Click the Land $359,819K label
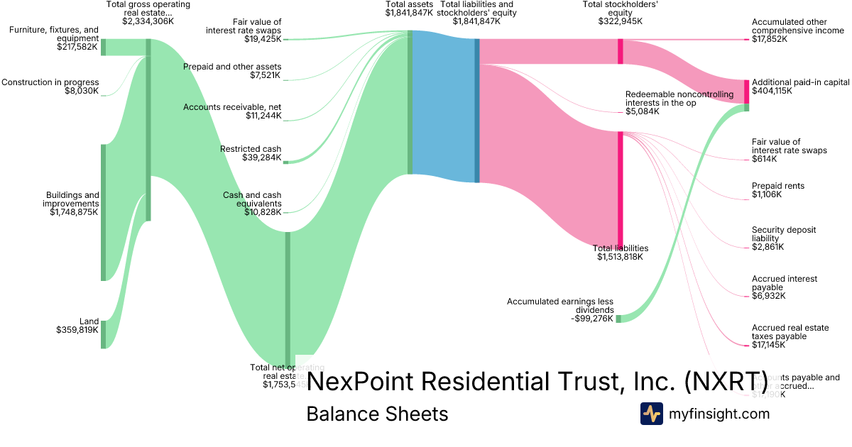tap(77, 326)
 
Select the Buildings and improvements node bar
tap(103, 212)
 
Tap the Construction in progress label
tap(50, 82)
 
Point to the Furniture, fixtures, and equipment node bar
tap(103, 47)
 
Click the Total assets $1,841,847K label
tap(409, 9)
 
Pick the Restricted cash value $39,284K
tap(261, 158)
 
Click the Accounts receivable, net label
tap(232, 107)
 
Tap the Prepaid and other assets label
tap(232, 67)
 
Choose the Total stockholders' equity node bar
tap(620, 51)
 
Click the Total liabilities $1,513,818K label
tap(620, 253)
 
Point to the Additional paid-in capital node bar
tap(746, 92)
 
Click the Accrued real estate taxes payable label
tap(790, 332)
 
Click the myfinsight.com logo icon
tap(651, 414)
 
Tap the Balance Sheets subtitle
tap(377, 414)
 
